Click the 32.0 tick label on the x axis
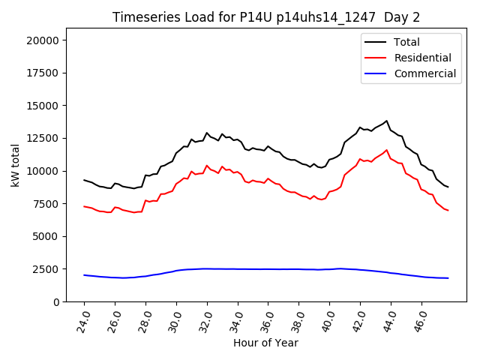[x=205, y=319]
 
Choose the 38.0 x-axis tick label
[x=298, y=319]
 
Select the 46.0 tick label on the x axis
[x=420, y=319]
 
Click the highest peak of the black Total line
[x=387, y=121]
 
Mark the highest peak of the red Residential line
[x=387, y=150]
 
